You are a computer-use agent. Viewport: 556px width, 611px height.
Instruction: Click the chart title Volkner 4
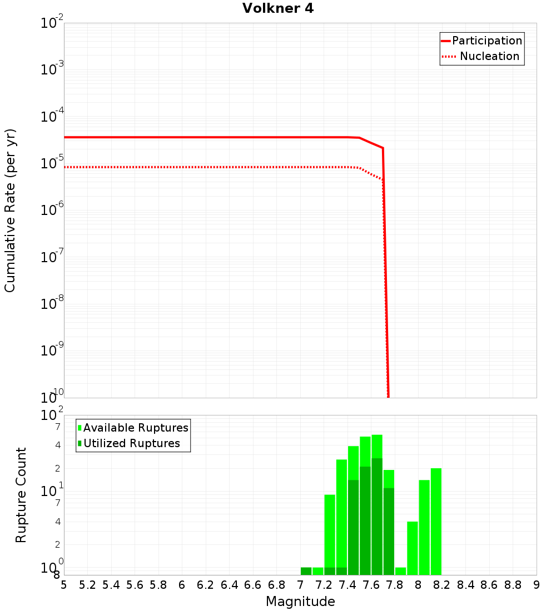click(x=278, y=8)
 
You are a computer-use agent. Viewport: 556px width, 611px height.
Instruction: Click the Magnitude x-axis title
click(x=300, y=602)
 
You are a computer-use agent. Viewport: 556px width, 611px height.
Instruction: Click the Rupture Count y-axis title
click(x=21, y=494)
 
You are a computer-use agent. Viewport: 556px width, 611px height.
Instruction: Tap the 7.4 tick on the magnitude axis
click(x=348, y=585)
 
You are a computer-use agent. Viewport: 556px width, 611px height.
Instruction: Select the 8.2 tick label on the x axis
click(x=442, y=585)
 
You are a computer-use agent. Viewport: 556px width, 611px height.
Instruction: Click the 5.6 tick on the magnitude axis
click(x=135, y=585)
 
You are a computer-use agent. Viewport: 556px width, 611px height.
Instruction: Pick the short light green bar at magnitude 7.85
click(x=400, y=571)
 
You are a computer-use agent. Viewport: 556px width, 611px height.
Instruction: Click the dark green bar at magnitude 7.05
click(x=306, y=571)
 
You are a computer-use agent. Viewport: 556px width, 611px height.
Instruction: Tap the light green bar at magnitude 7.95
click(x=412, y=548)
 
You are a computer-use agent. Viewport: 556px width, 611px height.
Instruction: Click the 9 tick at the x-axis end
click(x=537, y=585)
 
